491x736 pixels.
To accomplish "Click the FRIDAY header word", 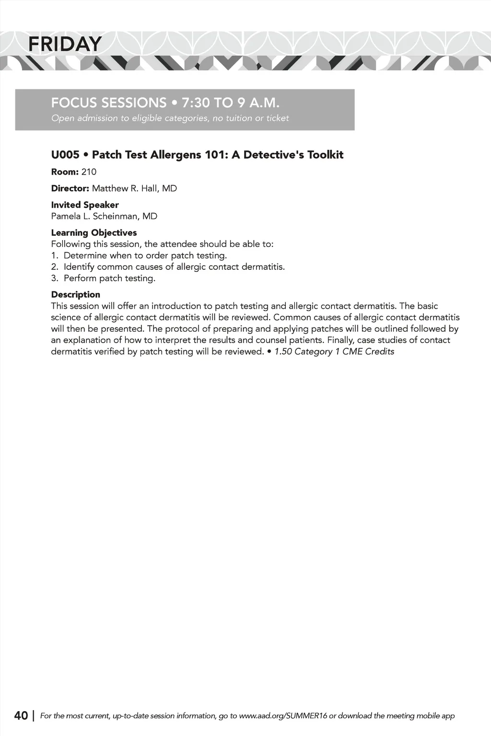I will point(64,44).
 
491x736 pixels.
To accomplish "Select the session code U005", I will point(65,155).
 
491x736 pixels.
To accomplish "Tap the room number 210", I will point(89,172).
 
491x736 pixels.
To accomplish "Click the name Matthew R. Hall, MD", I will point(134,188).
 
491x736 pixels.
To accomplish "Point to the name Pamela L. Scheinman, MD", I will point(104,216).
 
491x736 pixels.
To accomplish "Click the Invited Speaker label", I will point(85,205).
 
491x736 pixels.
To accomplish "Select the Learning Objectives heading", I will point(94,233).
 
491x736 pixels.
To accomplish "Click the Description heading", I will point(76,295).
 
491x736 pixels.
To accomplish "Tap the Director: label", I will point(70,188).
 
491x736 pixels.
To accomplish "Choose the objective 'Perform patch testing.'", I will point(109,278).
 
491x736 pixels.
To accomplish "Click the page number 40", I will point(21,716).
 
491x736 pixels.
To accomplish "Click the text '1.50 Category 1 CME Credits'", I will point(334,352).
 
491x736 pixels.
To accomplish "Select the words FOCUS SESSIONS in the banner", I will point(109,103).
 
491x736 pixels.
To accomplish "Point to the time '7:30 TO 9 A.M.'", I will point(231,103).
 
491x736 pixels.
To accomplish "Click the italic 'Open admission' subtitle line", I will point(170,118).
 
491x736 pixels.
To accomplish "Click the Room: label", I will point(65,172).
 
